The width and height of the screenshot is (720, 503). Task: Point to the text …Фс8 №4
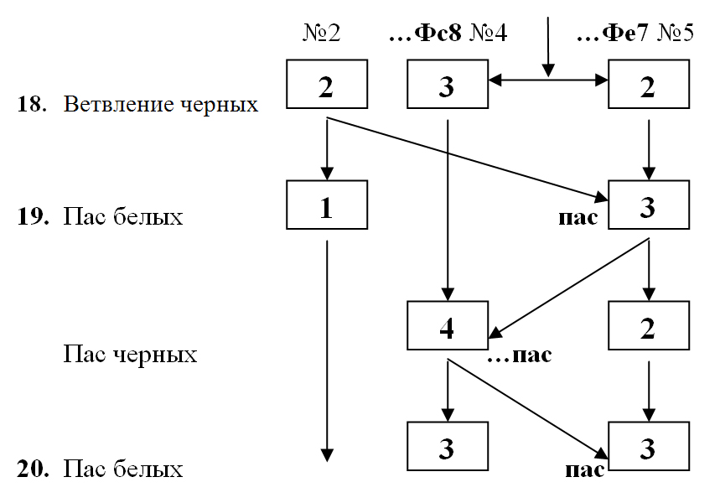tap(449, 35)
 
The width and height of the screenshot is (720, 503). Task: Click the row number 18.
tap(30, 105)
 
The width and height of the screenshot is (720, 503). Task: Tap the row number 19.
tap(30, 217)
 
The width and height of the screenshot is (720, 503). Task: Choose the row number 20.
tap(30, 469)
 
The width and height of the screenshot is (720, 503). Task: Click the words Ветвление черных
tap(161, 105)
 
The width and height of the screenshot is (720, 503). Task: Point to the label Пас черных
tap(131, 355)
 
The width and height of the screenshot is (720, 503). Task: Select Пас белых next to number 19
tap(123, 217)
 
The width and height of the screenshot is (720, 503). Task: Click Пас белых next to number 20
tap(123, 469)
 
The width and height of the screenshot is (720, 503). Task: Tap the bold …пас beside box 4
tap(520, 355)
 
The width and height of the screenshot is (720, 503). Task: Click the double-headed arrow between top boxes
tap(548, 80)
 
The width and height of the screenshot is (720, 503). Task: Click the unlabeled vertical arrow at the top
tap(548, 42)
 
